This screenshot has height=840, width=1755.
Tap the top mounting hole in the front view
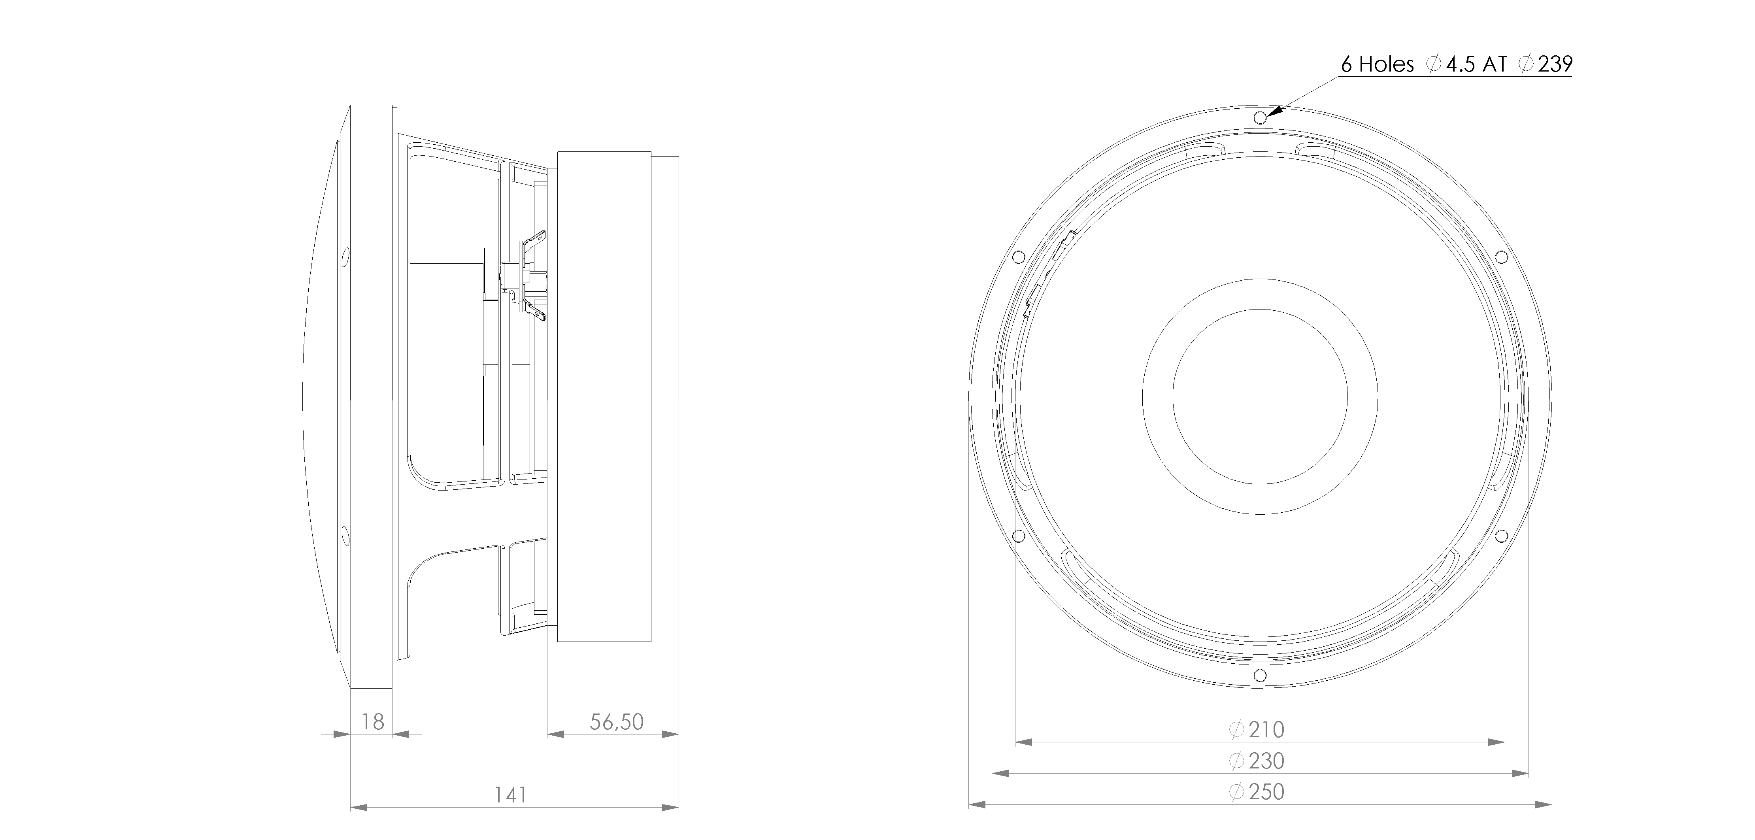coord(1260,118)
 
